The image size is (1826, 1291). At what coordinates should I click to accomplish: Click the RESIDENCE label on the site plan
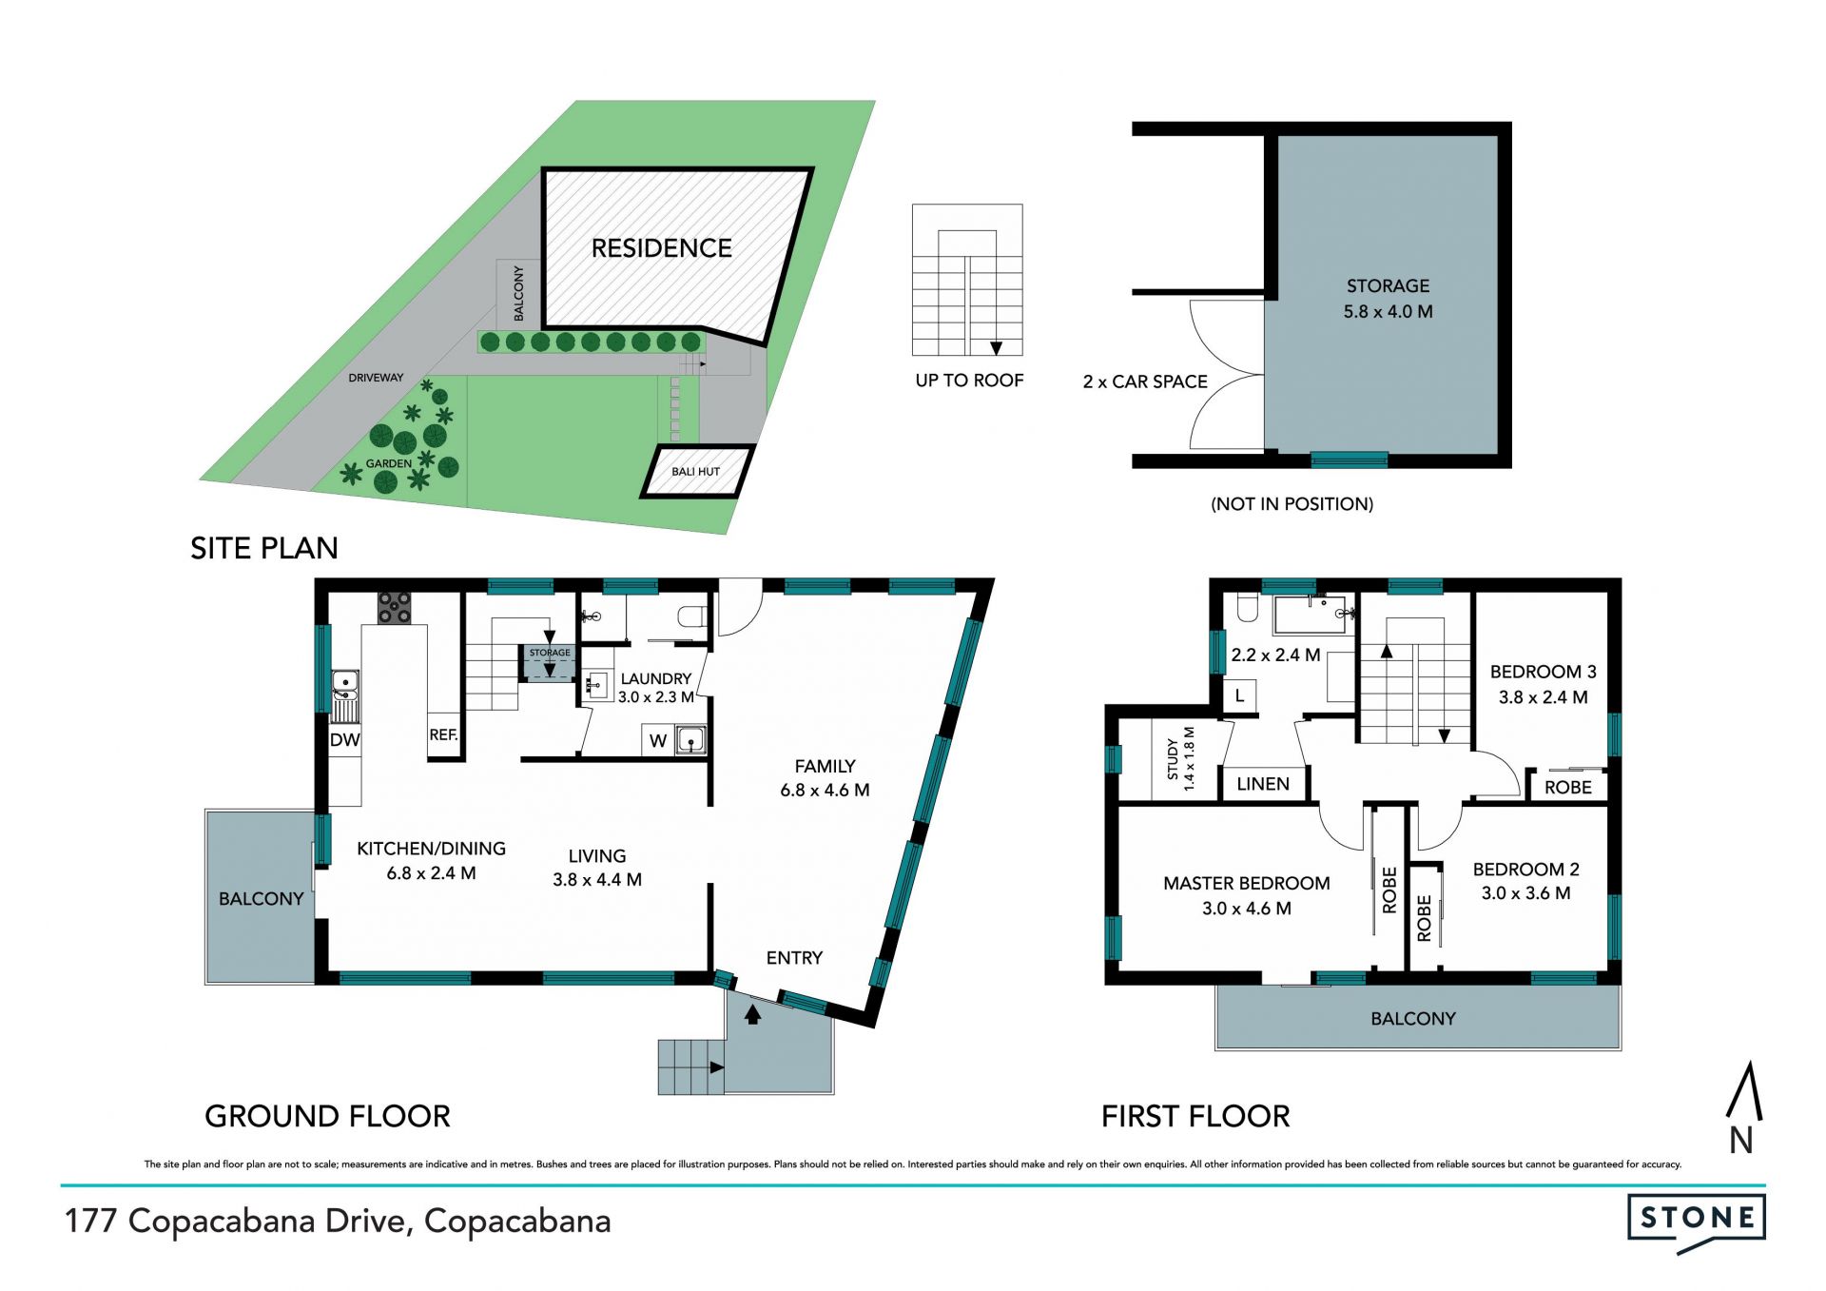pos(661,248)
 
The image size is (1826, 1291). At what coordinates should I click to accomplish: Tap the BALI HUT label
pos(695,472)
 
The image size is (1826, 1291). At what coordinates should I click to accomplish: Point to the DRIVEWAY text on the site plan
pos(376,378)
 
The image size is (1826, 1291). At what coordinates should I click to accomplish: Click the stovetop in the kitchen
pos(395,608)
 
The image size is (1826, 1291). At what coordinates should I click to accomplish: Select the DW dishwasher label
pos(344,740)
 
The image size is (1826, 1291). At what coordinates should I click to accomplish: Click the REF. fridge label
pos(443,735)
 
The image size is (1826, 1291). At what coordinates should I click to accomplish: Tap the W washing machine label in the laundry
pos(658,741)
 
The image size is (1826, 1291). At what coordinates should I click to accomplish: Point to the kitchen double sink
pos(345,695)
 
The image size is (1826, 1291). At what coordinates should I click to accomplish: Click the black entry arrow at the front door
pos(752,1014)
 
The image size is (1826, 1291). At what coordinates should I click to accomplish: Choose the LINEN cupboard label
pos(1263,784)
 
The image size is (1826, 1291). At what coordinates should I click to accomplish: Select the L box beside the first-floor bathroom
pos(1239,695)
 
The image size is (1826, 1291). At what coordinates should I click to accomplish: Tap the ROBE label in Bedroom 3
pos(1567,788)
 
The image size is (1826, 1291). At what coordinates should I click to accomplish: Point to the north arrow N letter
pos(1740,1140)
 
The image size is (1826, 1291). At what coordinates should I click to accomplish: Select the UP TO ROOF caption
pos(969,381)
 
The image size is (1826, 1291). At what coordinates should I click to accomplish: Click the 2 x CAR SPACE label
pos(1145,381)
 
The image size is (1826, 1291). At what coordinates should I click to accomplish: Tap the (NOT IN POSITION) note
pos(1292,504)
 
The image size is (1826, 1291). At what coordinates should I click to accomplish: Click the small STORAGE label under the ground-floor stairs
pos(550,653)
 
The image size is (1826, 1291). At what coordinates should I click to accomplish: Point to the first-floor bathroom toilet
pos(1246,607)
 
